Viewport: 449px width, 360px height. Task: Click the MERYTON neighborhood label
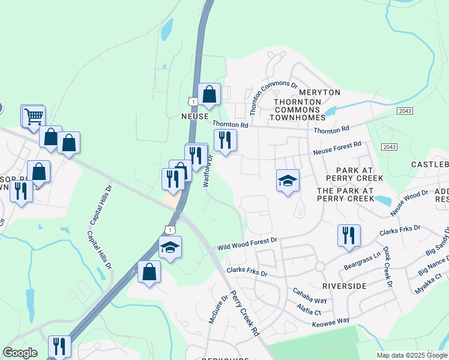(319, 92)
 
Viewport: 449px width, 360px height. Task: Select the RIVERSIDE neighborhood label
(344, 286)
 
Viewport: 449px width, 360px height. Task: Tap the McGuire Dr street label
(217, 310)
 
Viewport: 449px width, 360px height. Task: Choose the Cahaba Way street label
(310, 296)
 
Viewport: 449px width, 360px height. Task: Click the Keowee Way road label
(331, 322)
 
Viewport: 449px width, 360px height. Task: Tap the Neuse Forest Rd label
(337, 148)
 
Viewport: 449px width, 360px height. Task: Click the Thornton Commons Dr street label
(273, 98)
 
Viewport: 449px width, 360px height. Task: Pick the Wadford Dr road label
(208, 171)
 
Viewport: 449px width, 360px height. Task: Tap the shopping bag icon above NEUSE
(209, 94)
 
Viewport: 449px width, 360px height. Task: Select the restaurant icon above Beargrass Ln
(348, 235)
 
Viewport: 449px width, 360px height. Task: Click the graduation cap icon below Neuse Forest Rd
(288, 180)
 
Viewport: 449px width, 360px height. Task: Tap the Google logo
(20, 353)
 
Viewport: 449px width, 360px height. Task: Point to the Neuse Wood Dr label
(409, 203)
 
